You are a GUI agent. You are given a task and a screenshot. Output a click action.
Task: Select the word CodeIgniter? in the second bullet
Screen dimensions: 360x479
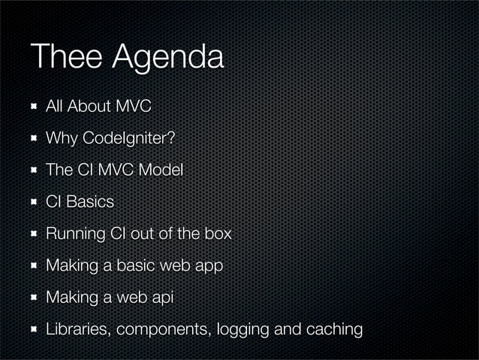coord(131,139)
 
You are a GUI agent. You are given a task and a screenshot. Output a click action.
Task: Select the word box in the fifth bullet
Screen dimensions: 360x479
coord(218,234)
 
